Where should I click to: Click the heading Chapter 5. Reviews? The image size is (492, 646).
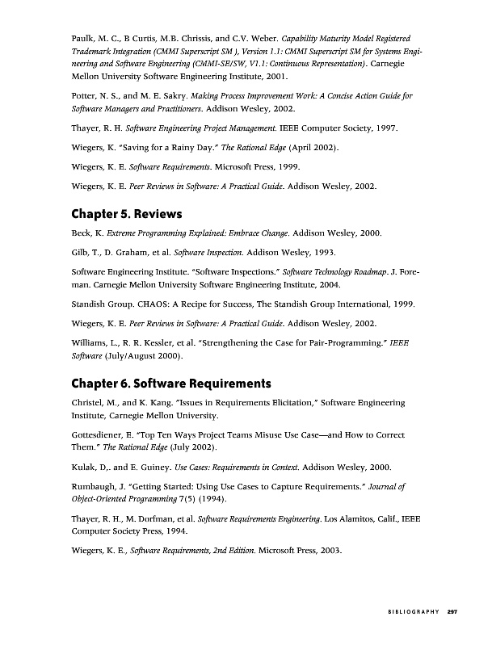coord(127,214)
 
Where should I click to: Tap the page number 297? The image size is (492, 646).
coord(453,612)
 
